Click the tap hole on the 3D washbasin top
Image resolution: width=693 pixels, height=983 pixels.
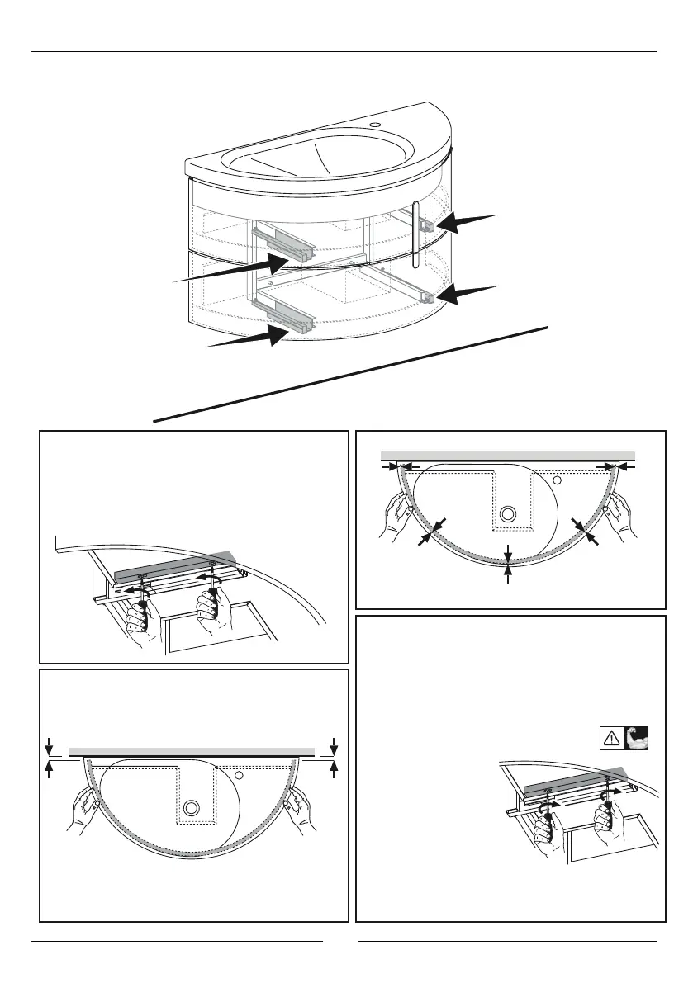(x=375, y=125)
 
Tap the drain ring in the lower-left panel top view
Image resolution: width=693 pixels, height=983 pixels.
(x=192, y=806)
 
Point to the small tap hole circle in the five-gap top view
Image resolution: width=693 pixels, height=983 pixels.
(x=558, y=479)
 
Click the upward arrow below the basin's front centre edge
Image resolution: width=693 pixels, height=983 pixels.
(x=508, y=575)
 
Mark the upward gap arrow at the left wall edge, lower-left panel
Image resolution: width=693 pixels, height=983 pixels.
(x=50, y=770)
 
